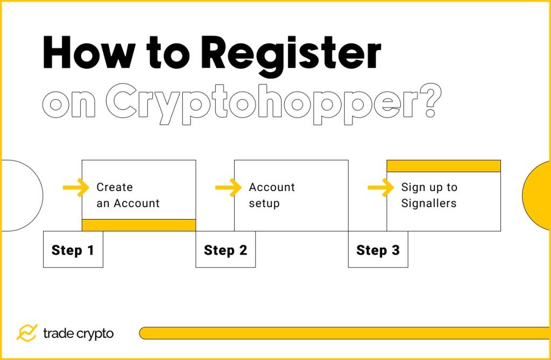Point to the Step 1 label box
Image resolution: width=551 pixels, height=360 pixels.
pos(73,250)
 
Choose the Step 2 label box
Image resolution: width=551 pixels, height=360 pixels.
pos(225,250)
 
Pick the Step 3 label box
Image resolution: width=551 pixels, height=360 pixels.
pos(378,250)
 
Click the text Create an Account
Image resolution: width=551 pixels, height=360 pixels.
pos(128,195)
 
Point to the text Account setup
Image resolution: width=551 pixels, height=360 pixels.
pos(272,195)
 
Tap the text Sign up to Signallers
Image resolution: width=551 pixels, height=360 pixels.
pos(429,195)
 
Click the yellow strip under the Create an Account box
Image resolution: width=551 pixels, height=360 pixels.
pos(138,225)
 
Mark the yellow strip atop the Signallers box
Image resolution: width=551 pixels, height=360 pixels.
pos(443,166)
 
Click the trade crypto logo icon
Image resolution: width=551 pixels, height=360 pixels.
pos(26,333)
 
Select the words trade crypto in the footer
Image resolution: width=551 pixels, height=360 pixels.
pos(79,334)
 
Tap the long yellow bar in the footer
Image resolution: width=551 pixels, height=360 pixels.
pos(344,333)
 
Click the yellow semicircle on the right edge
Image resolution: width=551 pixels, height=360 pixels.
pos(538,195)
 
